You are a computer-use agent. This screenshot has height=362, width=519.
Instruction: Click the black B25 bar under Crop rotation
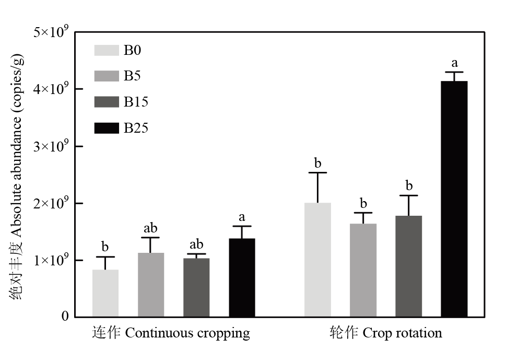click(x=454, y=199)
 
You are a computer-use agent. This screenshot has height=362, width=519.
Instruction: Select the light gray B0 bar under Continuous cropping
click(x=105, y=293)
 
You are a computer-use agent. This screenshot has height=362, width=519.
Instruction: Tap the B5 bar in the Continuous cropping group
click(x=151, y=285)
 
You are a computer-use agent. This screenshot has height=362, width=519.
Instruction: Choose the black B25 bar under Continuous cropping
click(x=242, y=277)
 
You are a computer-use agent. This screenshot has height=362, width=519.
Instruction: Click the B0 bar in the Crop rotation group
click(x=317, y=260)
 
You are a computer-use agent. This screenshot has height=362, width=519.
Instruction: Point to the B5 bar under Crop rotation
click(x=363, y=270)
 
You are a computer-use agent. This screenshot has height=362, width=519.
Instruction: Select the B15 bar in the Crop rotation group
click(x=408, y=266)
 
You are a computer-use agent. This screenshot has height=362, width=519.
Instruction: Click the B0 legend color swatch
click(x=107, y=50)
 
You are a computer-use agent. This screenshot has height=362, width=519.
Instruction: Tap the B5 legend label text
click(x=132, y=76)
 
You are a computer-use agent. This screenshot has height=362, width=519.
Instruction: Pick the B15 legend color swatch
click(x=107, y=102)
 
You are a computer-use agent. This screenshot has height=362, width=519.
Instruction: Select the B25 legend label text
click(x=136, y=128)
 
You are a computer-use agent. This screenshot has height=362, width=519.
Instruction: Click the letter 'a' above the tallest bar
click(x=454, y=63)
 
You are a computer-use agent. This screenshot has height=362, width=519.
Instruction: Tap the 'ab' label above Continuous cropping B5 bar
click(x=150, y=228)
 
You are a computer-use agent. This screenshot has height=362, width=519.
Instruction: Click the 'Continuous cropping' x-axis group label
click(x=171, y=333)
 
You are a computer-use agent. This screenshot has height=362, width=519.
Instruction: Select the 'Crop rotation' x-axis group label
click(x=385, y=333)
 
